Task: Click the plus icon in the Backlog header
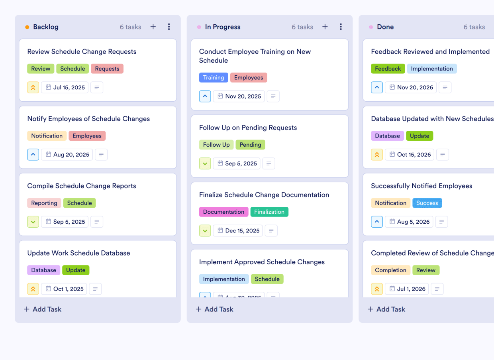pyautogui.click(x=153, y=27)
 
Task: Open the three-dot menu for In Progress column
pyautogui.click(x=341, y=27)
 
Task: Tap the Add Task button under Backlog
pyautogui.click(x=43, y=309)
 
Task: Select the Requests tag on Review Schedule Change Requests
pyautogui.click(x=107, y=69)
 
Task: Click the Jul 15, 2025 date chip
pyautogui.click(x=65, y=87)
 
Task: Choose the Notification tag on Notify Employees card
pyautogui.click(x=47, y=136)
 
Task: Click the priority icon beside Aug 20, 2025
pyautogui.click(x=33, y=154)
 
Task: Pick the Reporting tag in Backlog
pyautogui.click(x=44, y=203)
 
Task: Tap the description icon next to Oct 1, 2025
pyautogui.click(x=95, y=289)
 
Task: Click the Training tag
pyautogui.click(x=214, y=77)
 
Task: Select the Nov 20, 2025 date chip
pyautogui.click(x=239, y=96)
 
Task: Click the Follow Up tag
pyautogui.click(x=216, y=145)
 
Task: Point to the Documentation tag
pyautogui.click(x=223, y=212)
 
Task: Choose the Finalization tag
pyautogui.click(x=269, y=212)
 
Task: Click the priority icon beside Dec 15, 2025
pyautogui.click(x=205, y=230)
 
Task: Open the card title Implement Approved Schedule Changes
pyautogui.click(x=262, y=262)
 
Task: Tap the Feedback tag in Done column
pyautogui.click(x=388, y=69)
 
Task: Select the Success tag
pyautogui.click(x=427, y=203)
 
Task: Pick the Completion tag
pyautogui.click(x=390, y=270)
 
